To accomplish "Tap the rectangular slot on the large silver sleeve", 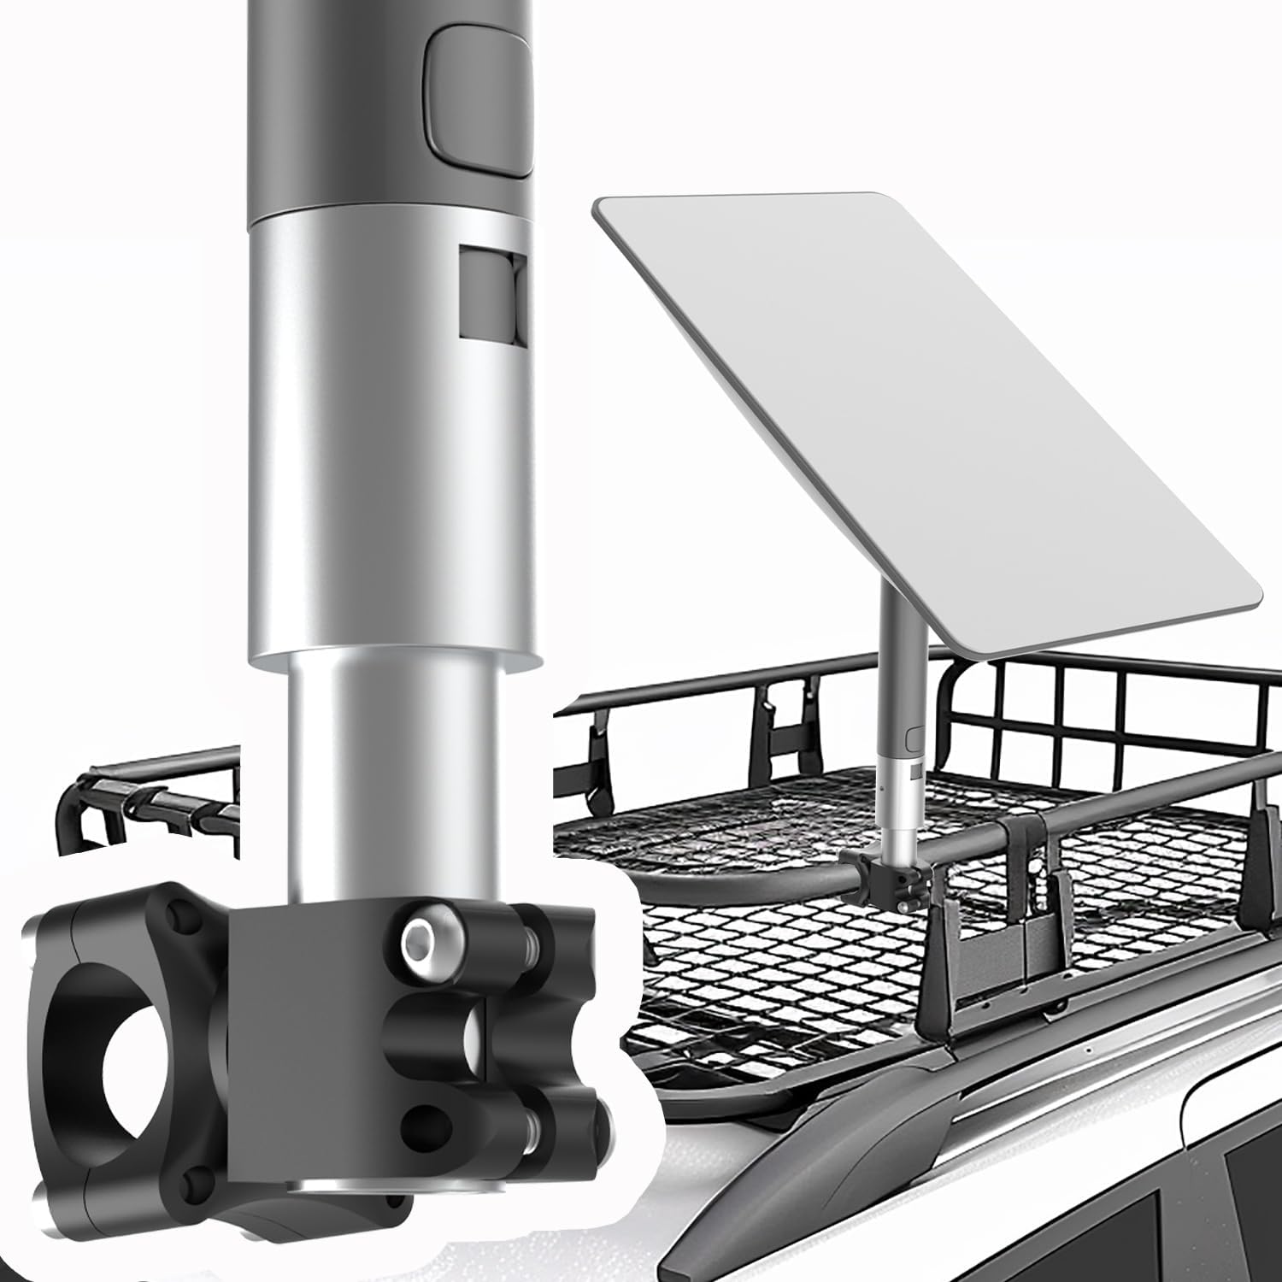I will tap(491, 295).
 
